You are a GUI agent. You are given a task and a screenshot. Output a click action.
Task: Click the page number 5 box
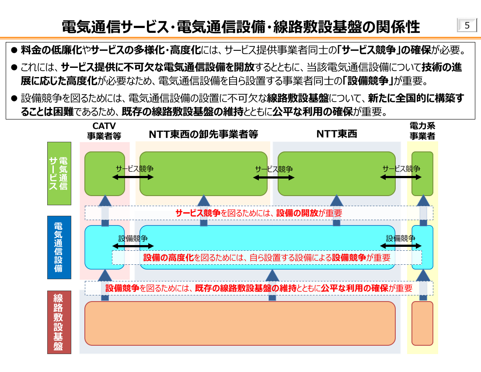coord(467,26)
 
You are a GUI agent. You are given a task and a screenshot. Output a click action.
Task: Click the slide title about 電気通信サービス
coord(241,27)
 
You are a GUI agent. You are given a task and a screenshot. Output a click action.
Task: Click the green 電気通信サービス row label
coord(59,173)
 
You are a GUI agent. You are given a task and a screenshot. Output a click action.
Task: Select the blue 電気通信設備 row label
coord(59,247)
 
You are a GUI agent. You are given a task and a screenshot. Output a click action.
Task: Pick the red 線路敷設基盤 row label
coord(59,323)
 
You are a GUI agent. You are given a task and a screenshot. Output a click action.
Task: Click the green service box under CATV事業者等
coord(105,173)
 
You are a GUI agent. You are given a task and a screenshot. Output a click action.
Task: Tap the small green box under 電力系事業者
coord(422,173)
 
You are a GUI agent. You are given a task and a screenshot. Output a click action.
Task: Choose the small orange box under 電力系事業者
coord(422,323)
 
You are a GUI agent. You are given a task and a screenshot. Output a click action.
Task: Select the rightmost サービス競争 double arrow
coord(401,177)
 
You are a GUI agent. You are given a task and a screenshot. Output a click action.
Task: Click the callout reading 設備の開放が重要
coord(258,213)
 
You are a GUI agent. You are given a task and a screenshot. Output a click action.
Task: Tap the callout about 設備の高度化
coord(267,258)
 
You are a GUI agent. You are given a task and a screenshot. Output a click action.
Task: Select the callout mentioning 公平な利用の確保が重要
coord(258,288)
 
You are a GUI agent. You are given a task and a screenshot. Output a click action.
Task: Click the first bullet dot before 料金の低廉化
coord(14,50)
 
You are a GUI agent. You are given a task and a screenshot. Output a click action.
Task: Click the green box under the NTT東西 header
coord(336,173)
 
